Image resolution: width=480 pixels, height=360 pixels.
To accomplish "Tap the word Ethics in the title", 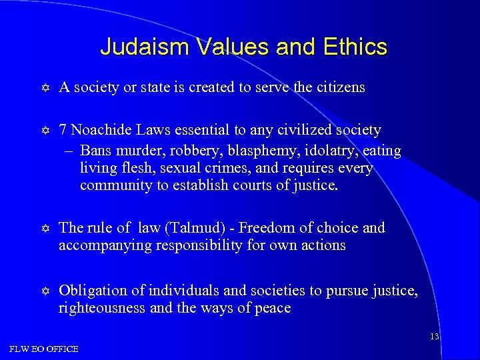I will (x=356, y=47).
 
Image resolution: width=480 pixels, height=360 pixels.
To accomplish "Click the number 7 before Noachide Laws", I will (x=63, y=130).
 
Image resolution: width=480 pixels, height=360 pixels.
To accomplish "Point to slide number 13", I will (x=434, y=337).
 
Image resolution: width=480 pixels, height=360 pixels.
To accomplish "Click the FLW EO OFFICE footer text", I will (x=44, y=349).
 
